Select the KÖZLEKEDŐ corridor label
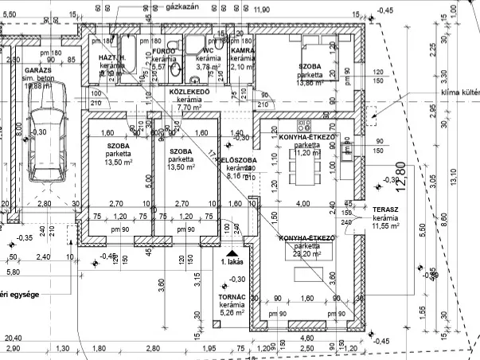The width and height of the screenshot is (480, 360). (189, 92)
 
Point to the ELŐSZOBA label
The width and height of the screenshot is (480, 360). (238, 160)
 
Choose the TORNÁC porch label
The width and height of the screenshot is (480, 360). (231, 297)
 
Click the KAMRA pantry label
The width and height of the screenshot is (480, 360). (242, 51)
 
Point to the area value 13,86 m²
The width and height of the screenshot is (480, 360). (311, 83)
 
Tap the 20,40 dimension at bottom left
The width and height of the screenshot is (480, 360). (12, 338)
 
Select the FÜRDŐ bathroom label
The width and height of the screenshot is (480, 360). (162, 51)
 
